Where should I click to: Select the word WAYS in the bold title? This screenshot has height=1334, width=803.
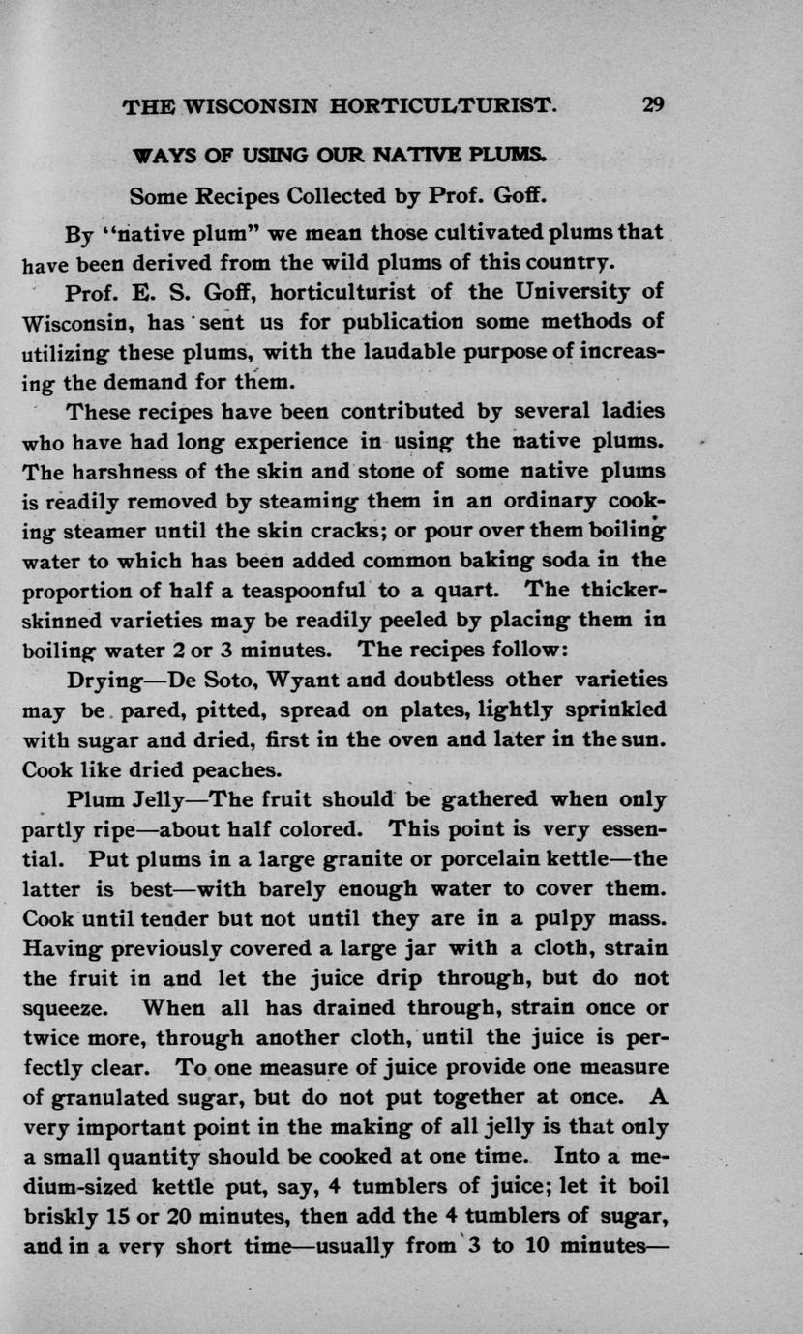[x=158, y=155]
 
